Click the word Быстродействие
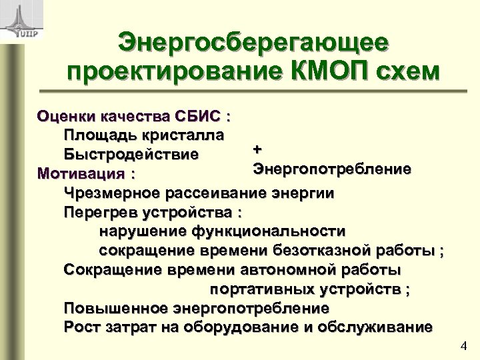(131, 155)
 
